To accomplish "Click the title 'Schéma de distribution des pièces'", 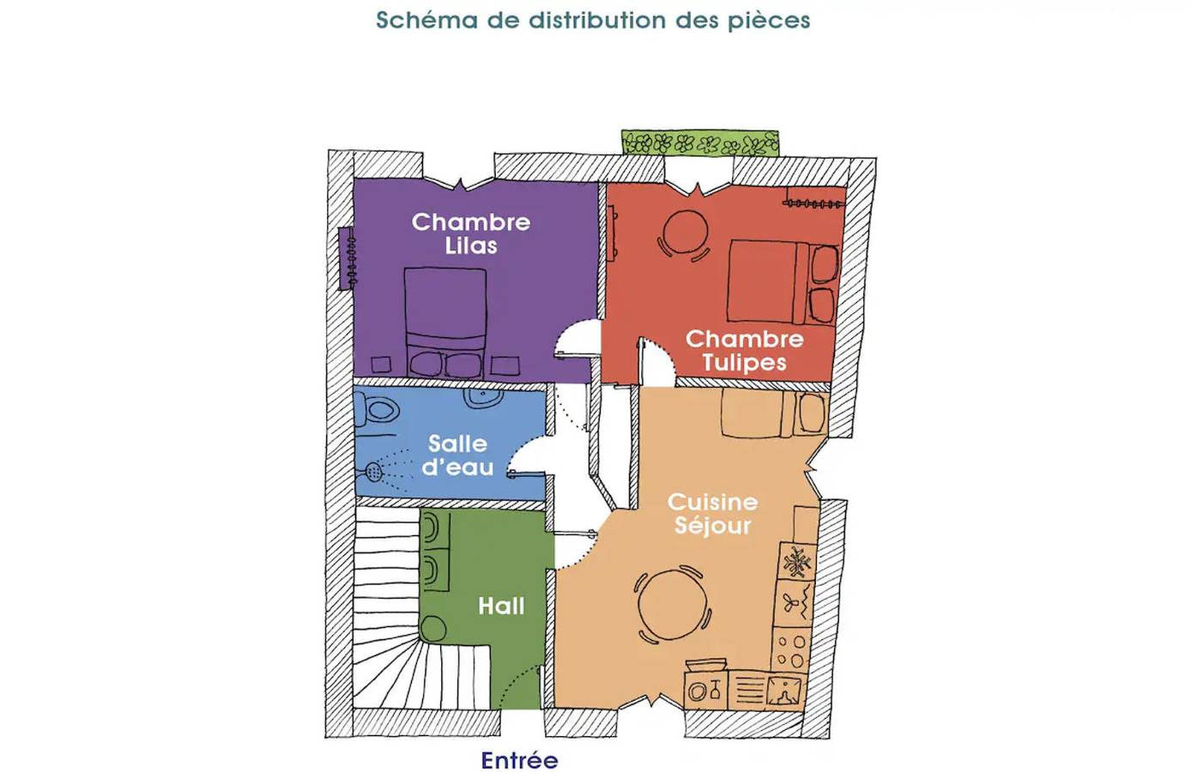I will pyautogui.click(x=593, y=20).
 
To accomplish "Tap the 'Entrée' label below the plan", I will pyautogui.click(x=519, y=760).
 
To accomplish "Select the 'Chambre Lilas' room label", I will pyautogui.click(x=470, y=233).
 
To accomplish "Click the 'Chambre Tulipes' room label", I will pyautogui.click(x=744, y=350).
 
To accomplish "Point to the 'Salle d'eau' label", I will pyautogui.click(x=457, y=455).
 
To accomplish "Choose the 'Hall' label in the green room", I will pyautogui.click(x=500, y=606).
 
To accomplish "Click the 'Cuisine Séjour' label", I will pyautogui.click(x=712, y=513).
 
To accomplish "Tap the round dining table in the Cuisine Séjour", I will pyautogui.click(x=673, y=604).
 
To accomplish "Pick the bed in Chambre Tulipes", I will pyautogui.click(x=782, y=282).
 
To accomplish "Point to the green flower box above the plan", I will pyautogui.click(x=700, y=142).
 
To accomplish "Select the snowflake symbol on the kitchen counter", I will pyautogui.click(x=796, y=562).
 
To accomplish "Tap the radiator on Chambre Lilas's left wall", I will pyautogui.click(x=347, y=258).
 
